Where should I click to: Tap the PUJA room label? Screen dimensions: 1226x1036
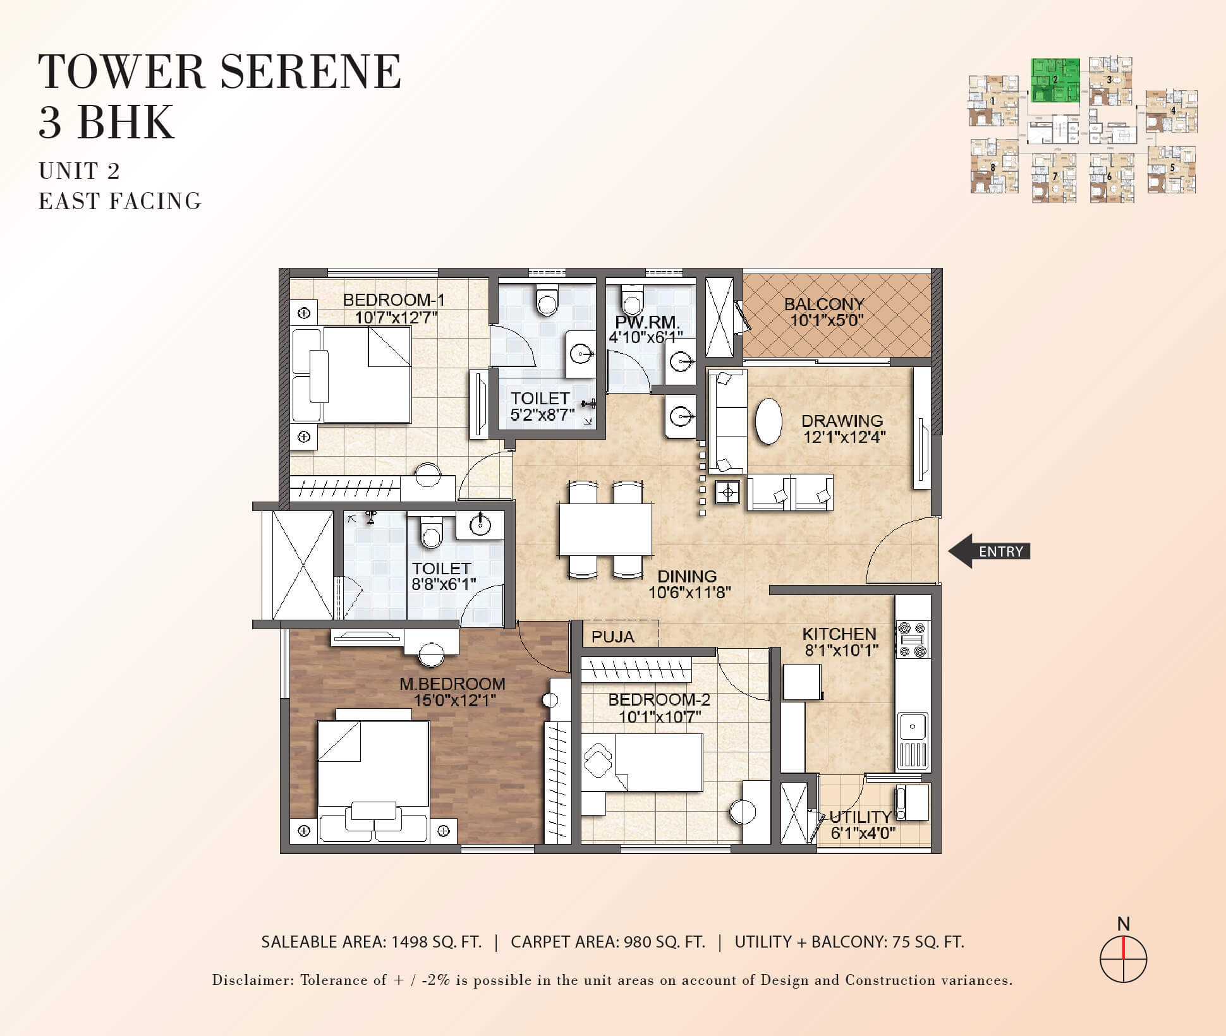[x=612, y=637]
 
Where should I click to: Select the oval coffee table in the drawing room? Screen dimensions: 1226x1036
[x=768, y=421]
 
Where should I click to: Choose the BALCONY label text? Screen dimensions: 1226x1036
[x=823, y=304]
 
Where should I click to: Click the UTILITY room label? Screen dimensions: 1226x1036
[x=860, y=817]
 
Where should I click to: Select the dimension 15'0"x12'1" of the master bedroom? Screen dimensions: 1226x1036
[x=454, y=700]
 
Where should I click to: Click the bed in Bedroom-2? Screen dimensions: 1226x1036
[x=642, y=762]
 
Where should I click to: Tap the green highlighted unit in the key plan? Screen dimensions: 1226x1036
[x=1055, y=80]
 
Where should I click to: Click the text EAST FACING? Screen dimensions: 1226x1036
[x=120, y=201]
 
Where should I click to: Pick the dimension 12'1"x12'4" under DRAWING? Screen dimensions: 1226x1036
[x=844, y=437]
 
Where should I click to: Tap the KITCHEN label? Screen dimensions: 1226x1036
[x=839, y=634]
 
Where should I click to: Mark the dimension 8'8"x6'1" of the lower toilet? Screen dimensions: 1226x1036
[x=444, y=584]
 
